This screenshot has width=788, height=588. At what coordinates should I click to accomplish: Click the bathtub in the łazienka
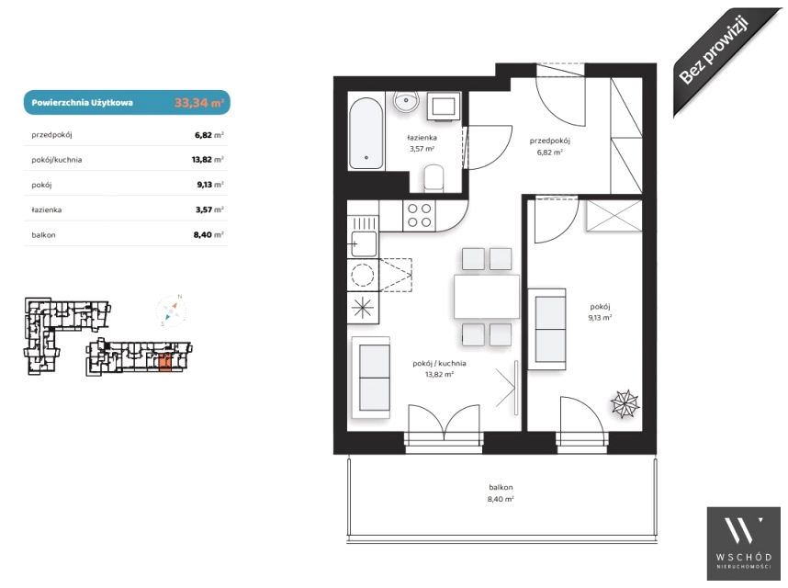click(366, 133)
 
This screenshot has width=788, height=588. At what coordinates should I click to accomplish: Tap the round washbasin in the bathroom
click(407, 102)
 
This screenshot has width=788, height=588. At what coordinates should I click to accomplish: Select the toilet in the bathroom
click(433, 179)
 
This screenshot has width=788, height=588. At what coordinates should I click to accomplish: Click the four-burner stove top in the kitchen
click(419, 216)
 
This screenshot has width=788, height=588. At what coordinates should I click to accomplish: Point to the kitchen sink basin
click(364, 244)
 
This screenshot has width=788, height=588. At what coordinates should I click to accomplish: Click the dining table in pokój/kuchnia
click(487, 297)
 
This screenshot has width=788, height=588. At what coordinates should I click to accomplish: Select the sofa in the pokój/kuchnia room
click(371, 378)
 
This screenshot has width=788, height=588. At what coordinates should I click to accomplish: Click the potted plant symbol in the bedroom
click(625, 404)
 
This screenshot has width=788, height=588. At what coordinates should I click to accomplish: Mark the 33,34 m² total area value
click(199, 103)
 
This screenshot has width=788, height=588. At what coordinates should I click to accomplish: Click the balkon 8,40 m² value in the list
click(208, 234)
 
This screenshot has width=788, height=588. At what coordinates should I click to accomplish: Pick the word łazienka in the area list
click(47, 209)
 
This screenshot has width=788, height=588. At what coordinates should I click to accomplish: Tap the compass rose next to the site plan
click(172, 311)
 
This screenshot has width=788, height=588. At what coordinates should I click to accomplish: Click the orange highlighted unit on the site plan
click(164, 363)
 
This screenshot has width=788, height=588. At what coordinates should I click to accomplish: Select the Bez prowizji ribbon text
click(715, 51)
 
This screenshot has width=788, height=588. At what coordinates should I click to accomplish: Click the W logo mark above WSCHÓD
click(744, 530)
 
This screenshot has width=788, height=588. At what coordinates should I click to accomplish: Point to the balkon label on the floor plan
click(501, 487)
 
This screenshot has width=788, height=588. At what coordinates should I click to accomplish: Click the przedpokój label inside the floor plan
click(550, 141)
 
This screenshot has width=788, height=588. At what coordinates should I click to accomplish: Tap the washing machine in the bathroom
click(444, 107)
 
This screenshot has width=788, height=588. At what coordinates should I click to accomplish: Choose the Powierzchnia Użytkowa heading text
click(83, 103)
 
